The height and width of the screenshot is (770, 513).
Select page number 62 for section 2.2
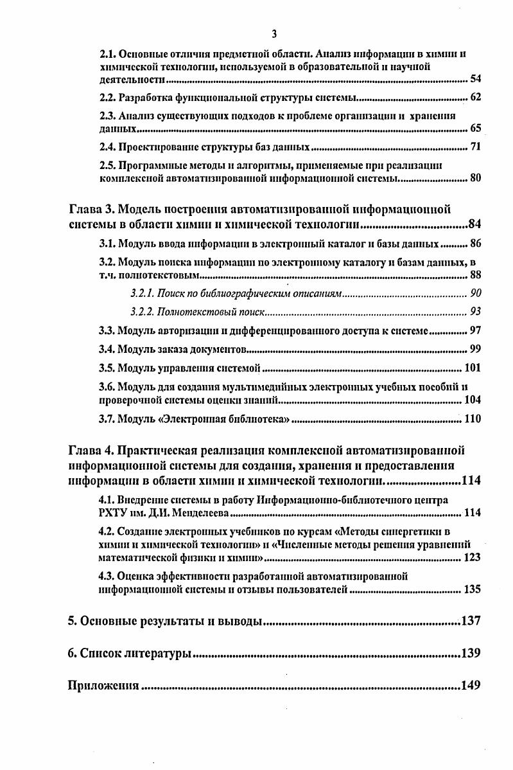[x=475, y=98]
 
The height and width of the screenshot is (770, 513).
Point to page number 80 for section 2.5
[x=475, y=179]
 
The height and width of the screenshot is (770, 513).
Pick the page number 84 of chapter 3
[x=474, y=225]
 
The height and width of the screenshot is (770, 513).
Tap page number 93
[x=475, y=312]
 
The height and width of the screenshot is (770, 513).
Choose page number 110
[x=472, y=420]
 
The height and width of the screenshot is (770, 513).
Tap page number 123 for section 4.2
[x=472, y=557]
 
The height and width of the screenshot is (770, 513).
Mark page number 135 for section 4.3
[x=472, y=589]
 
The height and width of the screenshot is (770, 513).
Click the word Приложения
[x=103, y=685]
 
